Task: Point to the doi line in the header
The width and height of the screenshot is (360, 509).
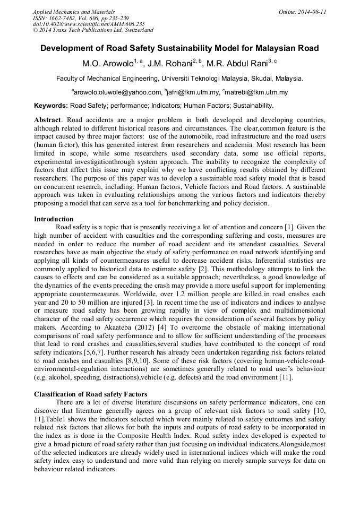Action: point(88,24)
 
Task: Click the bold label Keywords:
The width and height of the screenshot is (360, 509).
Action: point(51,106)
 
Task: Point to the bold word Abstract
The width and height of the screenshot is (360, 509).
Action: point(47,120)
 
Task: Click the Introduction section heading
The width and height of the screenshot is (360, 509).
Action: point(54,219)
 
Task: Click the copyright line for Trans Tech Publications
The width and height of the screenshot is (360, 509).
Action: point(93,30)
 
